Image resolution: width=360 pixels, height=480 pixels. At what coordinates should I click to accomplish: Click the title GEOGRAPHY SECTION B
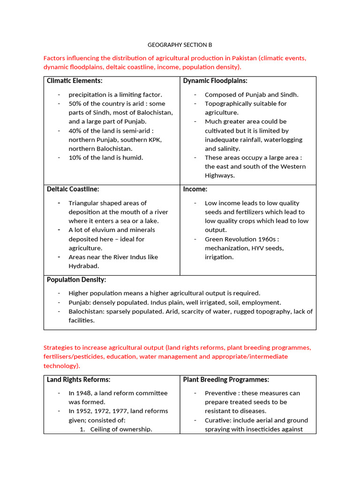click(180, 45)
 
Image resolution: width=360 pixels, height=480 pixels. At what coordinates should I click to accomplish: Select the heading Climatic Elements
click(75, 81)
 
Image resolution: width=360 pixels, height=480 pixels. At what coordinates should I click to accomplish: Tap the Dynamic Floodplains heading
click(215, 81)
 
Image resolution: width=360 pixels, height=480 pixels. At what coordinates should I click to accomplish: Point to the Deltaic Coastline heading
click(73, 189)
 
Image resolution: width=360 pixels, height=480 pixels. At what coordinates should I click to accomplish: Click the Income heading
click(195, 189)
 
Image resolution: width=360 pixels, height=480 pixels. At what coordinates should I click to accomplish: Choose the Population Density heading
click(76, 280)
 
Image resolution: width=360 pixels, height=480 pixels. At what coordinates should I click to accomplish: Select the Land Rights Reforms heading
click(79, 380)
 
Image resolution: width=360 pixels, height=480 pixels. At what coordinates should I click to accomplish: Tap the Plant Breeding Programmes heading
click(226, 380)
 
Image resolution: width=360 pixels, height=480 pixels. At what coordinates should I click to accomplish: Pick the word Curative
click(218, 420)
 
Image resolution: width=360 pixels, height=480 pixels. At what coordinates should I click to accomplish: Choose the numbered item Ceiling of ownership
click(121, 429)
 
